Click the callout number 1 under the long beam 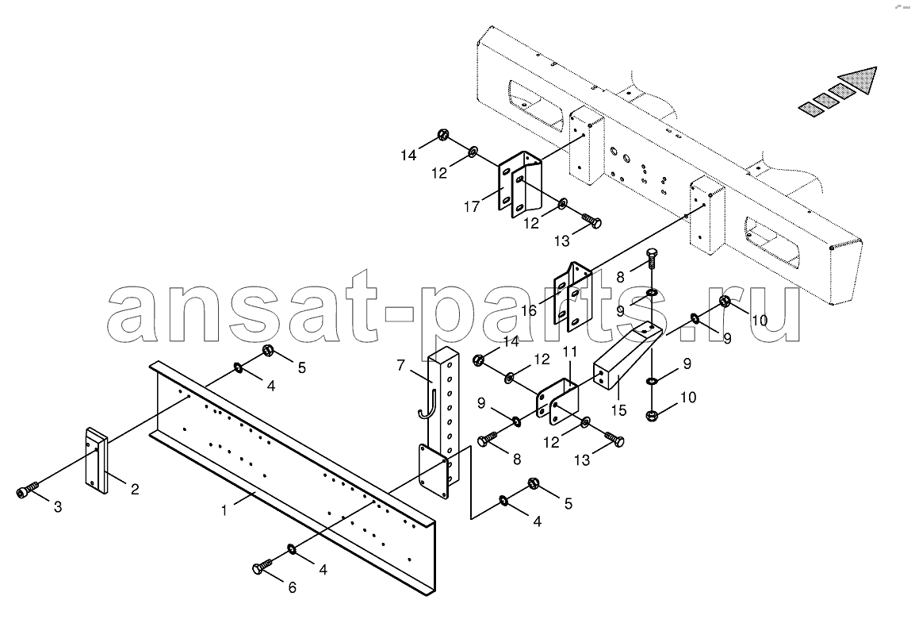[224, 511]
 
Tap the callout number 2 [135, 489]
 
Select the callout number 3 [58, 507]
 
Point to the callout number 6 [293, 588]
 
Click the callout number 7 [400, 365]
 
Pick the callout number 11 [569, 352]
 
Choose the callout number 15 [618, 410]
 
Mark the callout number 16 [529, 311]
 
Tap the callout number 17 [472, 206]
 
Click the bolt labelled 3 [28, 490]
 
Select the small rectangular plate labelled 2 [98, 461]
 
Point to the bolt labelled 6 [262, 567]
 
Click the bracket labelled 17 [519, 184]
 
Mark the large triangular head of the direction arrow [858, 80]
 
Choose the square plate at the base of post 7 [434, 471]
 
